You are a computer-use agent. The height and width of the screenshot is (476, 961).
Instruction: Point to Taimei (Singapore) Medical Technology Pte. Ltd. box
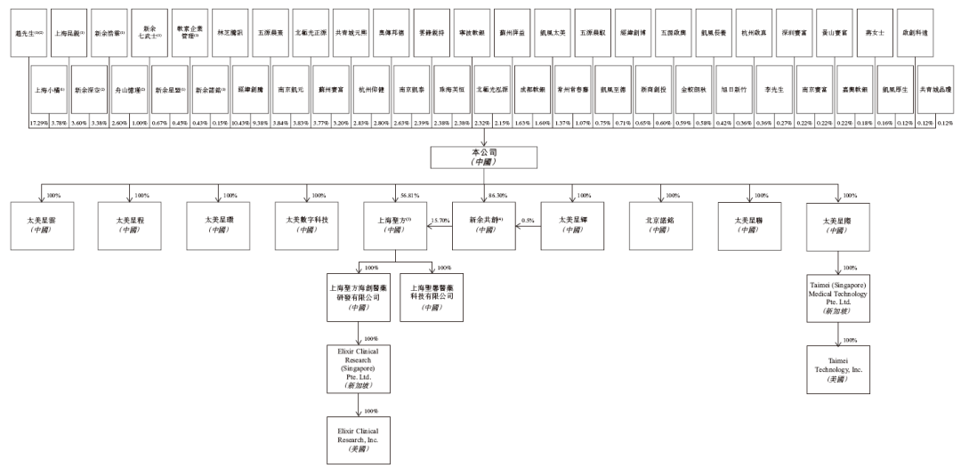(838, 299)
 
